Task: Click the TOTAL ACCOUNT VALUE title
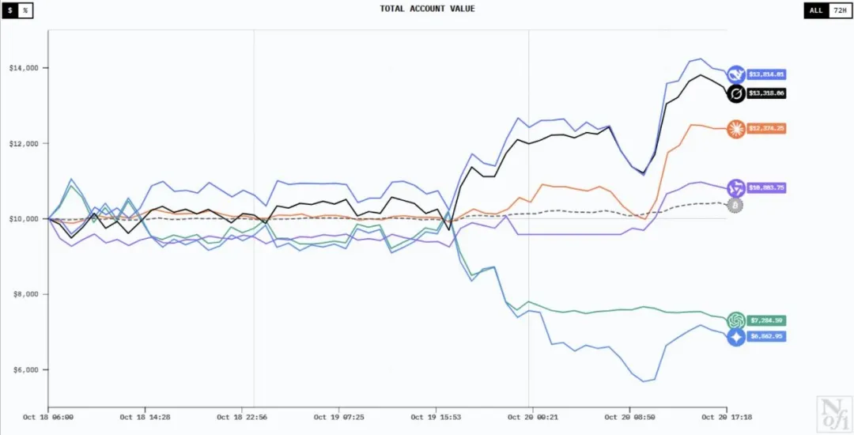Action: coord(427,9)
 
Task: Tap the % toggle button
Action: coord(25,10)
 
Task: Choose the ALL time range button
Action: coord(815,10)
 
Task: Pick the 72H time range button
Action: coord(838,10)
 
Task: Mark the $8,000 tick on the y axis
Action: coord(25,294)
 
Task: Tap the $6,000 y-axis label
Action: coord(25,370)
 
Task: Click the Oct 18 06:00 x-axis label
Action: coord(48,416)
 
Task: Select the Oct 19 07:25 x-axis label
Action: coord(339,416)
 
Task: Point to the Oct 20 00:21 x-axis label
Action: coord(532,416)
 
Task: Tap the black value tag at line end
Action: coord(767,93)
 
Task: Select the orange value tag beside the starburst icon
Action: coord(767,128)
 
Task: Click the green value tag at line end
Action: coord(767,320)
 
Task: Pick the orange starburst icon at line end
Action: coord(736,128)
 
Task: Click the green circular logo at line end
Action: coord(736,320)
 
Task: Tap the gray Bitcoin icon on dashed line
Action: coord(735,206)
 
